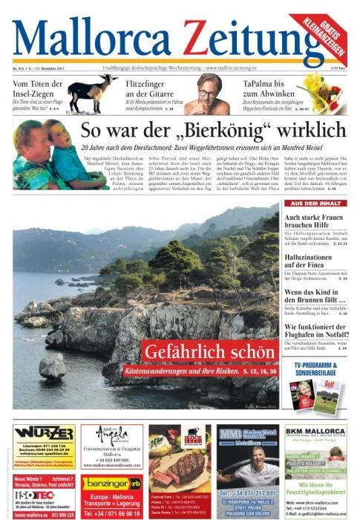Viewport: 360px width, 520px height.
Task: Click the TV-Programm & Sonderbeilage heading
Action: [318, 368]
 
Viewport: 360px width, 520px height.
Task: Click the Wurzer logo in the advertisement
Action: [44, 434]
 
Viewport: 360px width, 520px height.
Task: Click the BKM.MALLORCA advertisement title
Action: [315, 431]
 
